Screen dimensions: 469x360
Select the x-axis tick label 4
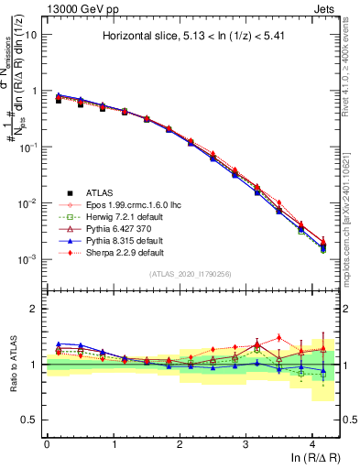312,443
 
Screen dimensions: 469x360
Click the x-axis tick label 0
47,443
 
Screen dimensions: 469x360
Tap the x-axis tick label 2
180,443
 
